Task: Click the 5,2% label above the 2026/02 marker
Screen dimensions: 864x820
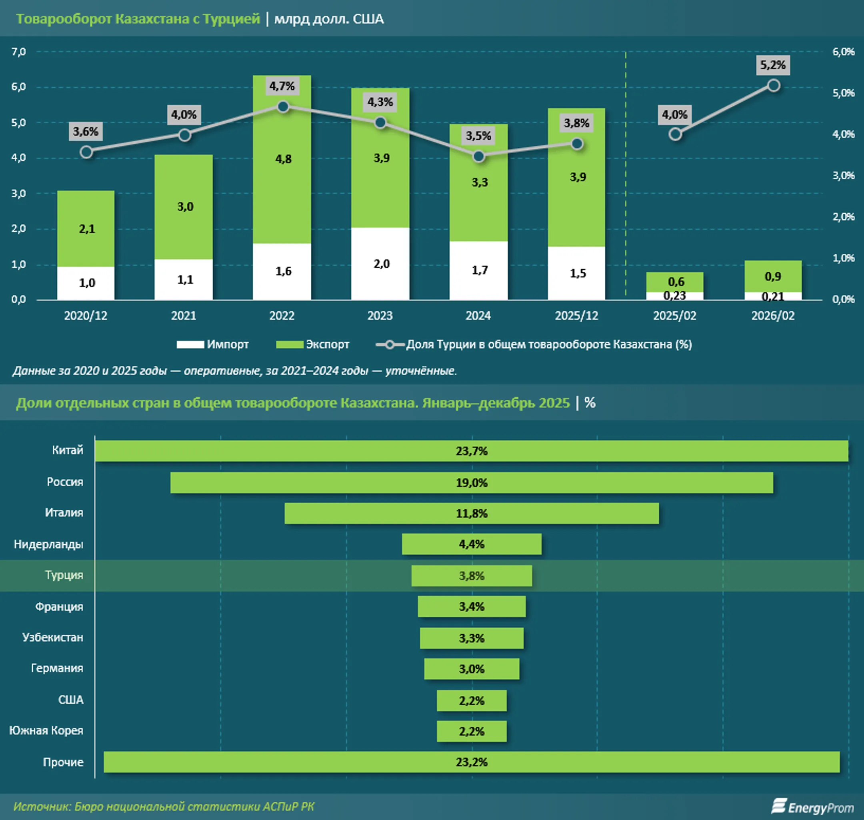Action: pos(773,65)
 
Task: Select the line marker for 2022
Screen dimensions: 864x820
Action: pos(283,107)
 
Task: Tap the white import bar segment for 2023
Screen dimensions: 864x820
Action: pos(380,264)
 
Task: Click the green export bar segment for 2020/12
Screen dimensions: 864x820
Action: pos(86,229)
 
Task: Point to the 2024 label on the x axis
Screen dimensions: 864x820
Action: pos(478,316)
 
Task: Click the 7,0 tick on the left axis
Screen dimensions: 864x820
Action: pos(19,52)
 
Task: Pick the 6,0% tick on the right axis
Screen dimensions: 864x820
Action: pos(844,52)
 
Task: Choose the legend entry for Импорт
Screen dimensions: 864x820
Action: pos(212,345)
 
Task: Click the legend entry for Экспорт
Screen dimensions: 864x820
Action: pos(312,345)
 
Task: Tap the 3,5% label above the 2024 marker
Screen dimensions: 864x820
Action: pos(478,136)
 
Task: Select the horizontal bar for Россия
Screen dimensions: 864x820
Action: pos(471,483)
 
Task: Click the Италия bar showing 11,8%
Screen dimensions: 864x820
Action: pos(471,513)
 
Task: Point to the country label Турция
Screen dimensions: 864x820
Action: pos(64,575)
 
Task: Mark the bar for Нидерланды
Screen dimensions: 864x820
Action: pos(471,544)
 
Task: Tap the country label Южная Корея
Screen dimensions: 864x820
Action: pos(46,730)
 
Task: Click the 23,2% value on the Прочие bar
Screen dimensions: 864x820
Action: pos(471,762)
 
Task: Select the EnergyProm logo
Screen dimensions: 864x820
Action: pos(812,807)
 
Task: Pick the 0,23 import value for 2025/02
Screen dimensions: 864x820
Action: pos(674,296)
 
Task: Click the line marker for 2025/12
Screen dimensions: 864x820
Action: pos(577,144)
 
